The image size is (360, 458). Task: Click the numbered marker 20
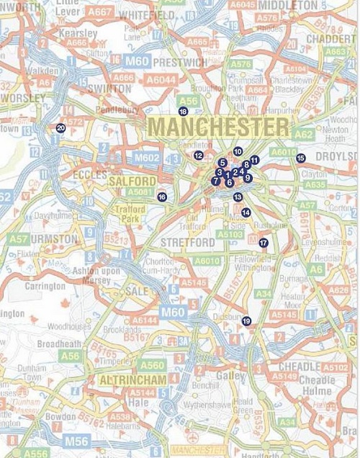(60, 127)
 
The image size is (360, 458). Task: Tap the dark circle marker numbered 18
(183, 112)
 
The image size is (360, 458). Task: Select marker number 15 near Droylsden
(300, 158)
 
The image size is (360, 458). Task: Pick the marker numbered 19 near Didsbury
(246, 321)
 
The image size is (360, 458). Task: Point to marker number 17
(264, 243)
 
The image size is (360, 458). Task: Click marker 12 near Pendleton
(198, 156)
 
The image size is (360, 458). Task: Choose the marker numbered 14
(246, 212)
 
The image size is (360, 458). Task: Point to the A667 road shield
(100, 12)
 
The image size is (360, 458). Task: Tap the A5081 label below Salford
(138, 192)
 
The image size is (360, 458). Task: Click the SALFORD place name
(132, 181)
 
